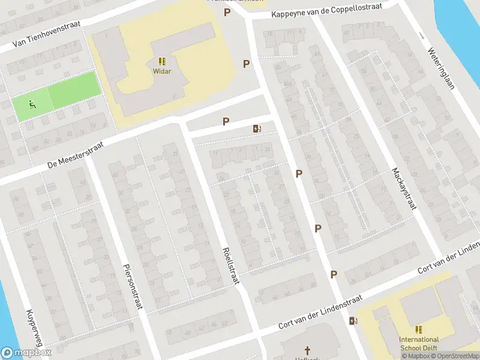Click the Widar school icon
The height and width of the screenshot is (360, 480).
(x=162, y=61)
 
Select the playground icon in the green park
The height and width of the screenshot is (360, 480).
(x=31, y=105)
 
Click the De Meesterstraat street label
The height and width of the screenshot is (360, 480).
(x=76, y=154)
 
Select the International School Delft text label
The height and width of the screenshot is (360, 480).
(x=419, y=343)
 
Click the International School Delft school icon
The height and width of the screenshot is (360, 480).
(x=419, y=329)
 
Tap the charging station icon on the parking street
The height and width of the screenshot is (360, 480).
(x=257, y=128)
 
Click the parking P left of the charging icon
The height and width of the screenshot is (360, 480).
(x=226, y=122)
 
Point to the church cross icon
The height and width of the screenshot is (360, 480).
(x=308, y=350)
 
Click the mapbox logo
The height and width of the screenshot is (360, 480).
(x=26, y=353)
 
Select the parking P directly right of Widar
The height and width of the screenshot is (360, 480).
(x=246, y=64)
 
